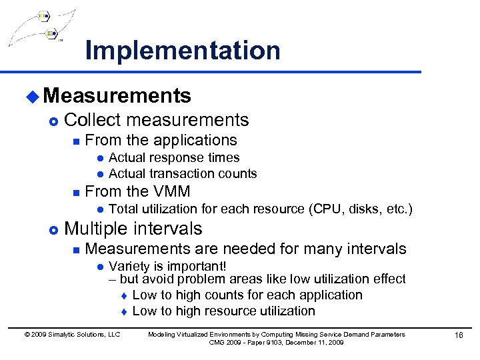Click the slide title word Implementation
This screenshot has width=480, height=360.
point(183,51)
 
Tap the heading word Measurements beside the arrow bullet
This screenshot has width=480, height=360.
point(117,96)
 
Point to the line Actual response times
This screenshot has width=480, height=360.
point(174,157)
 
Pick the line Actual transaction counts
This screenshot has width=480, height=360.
point(183,173)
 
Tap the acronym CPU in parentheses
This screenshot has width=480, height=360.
point(327,209)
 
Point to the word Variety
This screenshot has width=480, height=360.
point(130,266)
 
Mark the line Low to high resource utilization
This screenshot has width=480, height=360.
point(223,311)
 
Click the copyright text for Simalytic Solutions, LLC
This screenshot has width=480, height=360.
point(72,334)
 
